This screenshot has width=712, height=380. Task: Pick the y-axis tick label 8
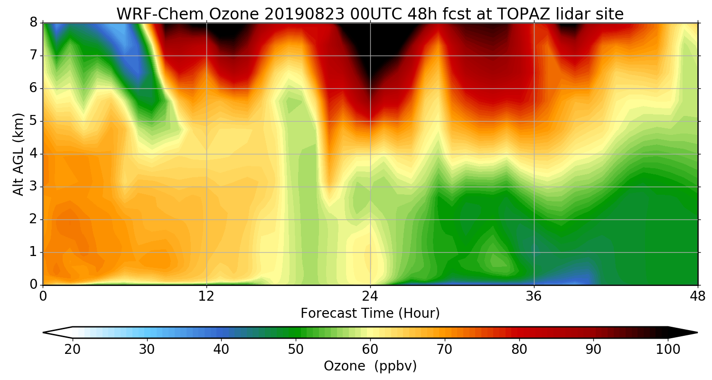point(33,23)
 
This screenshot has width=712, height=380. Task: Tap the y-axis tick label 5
point(33,121)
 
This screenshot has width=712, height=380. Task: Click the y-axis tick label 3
point(33,187)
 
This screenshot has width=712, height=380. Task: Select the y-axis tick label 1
point(33,252)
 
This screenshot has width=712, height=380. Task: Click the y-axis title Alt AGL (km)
point(18,154)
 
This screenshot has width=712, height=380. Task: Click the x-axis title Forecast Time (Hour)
point(370,313)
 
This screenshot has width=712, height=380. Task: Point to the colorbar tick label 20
point(73,350)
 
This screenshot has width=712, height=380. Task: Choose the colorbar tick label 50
point(296,350)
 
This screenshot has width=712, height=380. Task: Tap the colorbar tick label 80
point(519,350)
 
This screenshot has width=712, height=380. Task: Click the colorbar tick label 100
point(668,350)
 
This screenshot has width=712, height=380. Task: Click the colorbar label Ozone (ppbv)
point(370,366)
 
